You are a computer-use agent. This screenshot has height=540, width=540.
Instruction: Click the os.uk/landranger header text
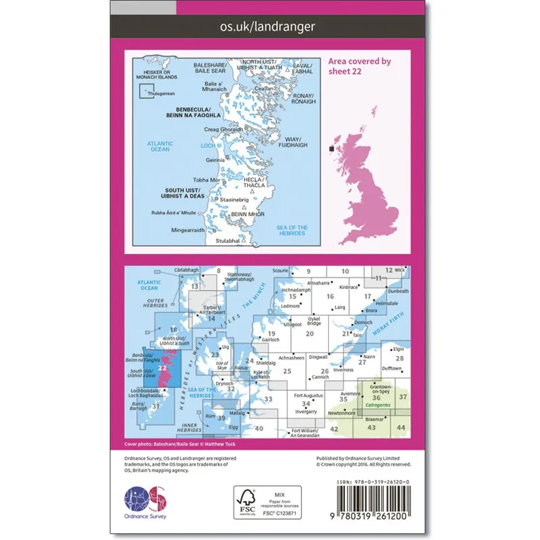coord(269,26)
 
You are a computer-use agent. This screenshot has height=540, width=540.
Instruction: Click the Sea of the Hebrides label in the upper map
coord(292,231)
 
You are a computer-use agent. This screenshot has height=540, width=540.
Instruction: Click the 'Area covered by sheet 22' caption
coord(360,65)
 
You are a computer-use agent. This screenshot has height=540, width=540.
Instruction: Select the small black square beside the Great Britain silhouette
coord(331,148)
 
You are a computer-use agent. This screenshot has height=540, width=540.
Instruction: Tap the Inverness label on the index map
coord(344,371)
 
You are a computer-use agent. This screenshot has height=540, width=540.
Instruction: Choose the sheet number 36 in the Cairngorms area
coord(376,398)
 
